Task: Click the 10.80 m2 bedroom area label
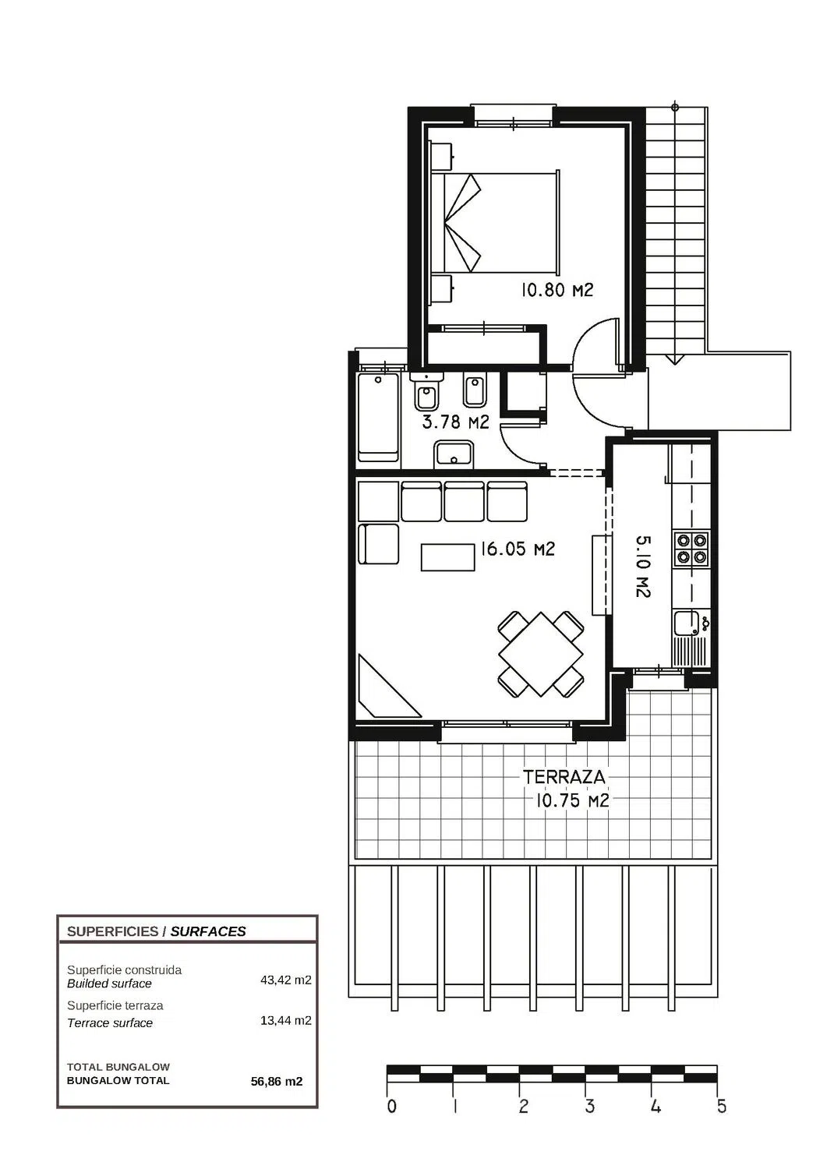pyautogui.click(x=557, y=290)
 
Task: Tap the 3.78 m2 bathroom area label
pyautogui.click(x=456, y=422)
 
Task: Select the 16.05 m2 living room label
pyautogui.click(x=518, y=549)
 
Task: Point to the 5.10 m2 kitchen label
pyautogui.click(x=643, y=567)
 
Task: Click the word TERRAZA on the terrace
pyautogui.click(x=564, y=777)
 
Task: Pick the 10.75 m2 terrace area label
pyautogui.click(x=572, y=800)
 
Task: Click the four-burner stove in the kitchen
pyautogui.click(x=691, y=549)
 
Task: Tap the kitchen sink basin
pyautogui.click(x=685, y=623)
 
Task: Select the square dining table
pyautogui.click(x=541, y=655)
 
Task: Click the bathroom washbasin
pyautogui.click(x=453, y=454)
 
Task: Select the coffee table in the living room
pyautogui.click(x=448, y=557)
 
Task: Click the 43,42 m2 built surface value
pyautogui.click(x=285, y=980)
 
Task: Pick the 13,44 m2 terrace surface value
pyautogui.click(x=285, y=1020)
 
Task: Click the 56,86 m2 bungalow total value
pyautogui.click(x=277, y=1082)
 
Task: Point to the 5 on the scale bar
pyautogui.click(x=722, y=1107)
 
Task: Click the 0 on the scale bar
pyautogui.click(x=391, y=1107)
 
